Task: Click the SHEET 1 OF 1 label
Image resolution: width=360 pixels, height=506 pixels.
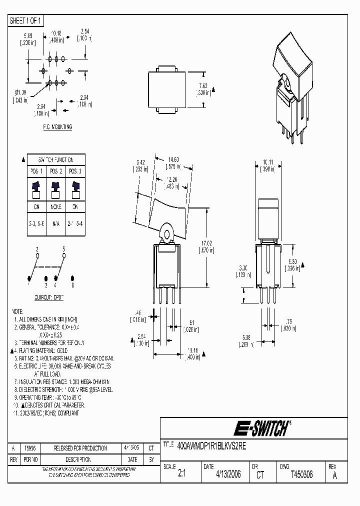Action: click(x=26, y=20)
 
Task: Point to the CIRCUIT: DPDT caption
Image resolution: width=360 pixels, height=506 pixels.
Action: click(x=49, y=297)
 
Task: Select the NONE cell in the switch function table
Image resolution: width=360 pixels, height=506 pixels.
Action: click(x=56, y=206)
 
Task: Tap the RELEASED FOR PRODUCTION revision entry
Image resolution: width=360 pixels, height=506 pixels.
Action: click(x=73, y=448)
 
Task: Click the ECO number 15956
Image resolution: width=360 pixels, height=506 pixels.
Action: click(x=30, y=448)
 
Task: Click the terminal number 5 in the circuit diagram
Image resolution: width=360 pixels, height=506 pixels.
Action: click(x=64, y=248)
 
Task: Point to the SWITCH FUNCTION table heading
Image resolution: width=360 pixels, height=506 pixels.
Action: click(x=56, y=160)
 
